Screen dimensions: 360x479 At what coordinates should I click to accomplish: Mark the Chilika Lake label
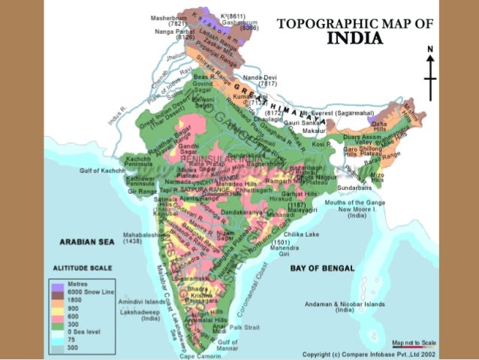(x=303, y=235)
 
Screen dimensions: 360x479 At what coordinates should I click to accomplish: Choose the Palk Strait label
(x=244, y=327)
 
